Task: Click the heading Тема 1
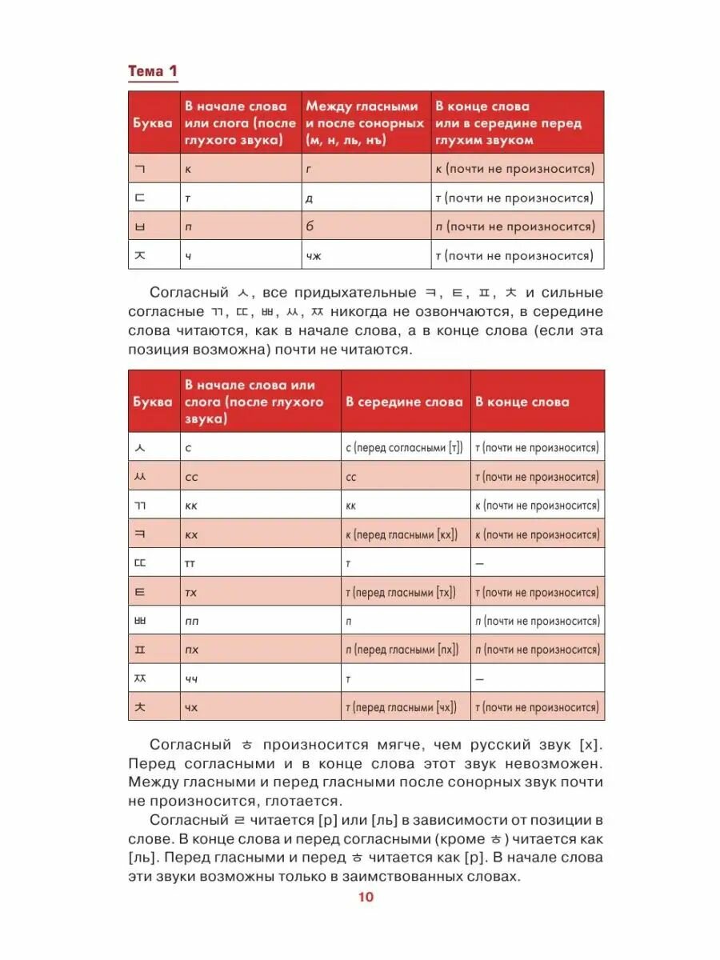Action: (153, 72)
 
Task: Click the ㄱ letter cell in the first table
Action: (141, 169)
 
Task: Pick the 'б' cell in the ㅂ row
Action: (310, 226)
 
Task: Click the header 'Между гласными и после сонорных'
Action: (364, 122)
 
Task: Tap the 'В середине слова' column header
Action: (404, 402)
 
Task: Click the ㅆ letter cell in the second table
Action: (141, 477)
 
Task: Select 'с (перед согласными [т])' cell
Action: (404, 448)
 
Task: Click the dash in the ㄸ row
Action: (479, 563)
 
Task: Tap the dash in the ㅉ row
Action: (479, 678)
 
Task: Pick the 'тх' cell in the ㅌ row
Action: (191, 592)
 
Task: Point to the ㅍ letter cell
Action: (141, 650)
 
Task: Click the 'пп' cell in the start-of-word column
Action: (192, 621)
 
